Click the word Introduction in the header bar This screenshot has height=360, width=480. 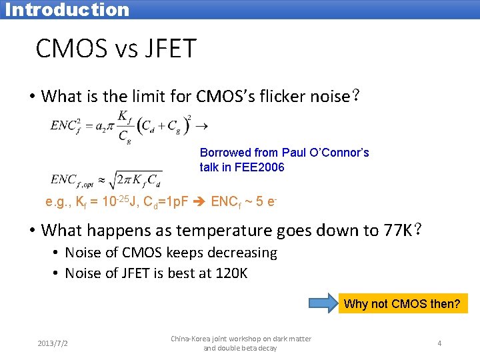click(x=67, y=9)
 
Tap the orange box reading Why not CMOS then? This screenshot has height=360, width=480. click(x=402, y=304)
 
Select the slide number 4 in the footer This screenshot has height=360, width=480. click(x=439, y=343)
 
